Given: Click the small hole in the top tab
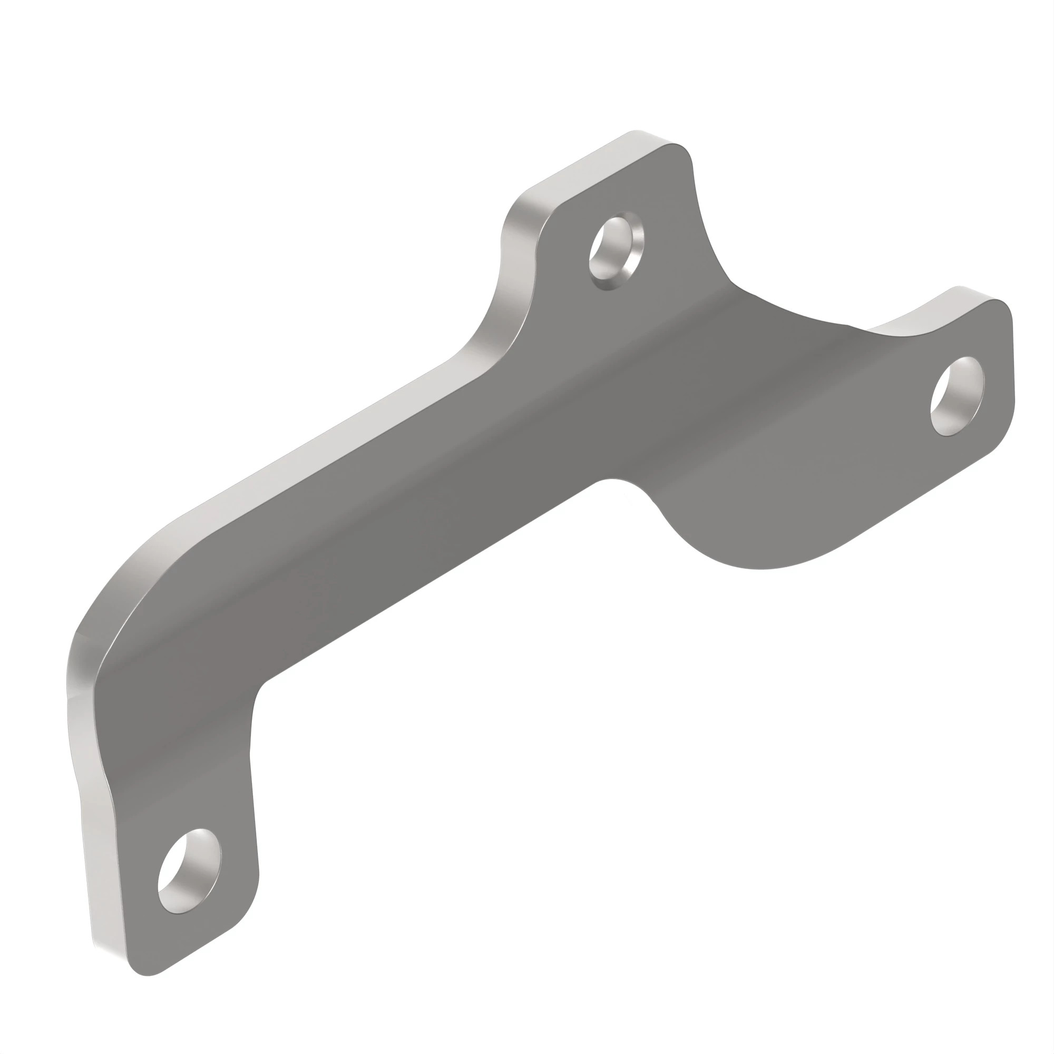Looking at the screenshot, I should [616, 253].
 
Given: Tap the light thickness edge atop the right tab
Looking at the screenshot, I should [928, 311].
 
